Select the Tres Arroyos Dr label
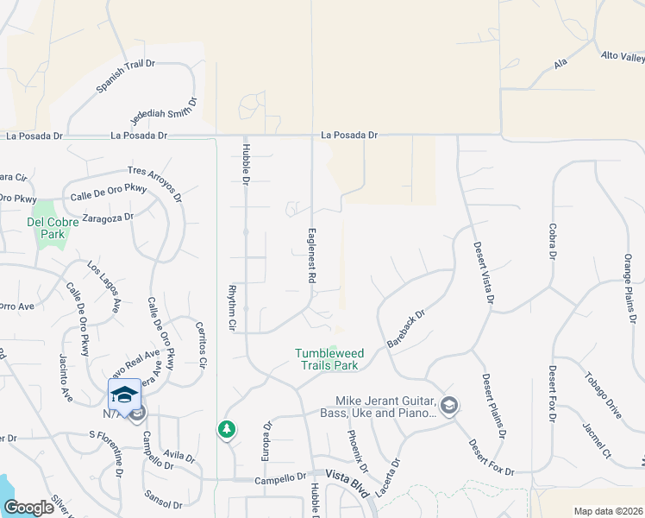tap(154, 182)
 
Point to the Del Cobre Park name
tap(53, 228)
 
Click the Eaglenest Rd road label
tap(310, 256)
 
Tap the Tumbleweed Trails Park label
tap(326, 358)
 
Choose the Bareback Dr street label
tap(407, 329)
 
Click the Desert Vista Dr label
tap(482, 272)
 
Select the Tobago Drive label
tap(602, 394)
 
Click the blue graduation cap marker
tap(124, 394)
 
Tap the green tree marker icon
tap(227, 428)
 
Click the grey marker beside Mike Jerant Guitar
tap(448, 404)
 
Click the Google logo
tap(29, 508)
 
